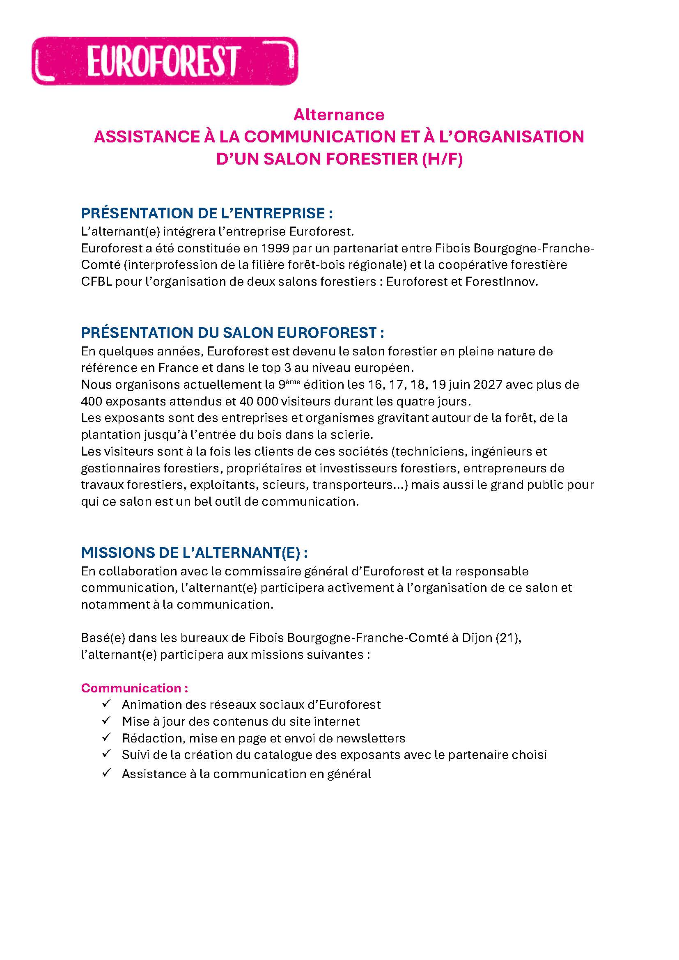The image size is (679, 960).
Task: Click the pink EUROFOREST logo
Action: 165,61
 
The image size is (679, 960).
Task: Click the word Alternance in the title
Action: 339,115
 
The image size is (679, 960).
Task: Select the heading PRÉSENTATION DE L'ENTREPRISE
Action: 207,213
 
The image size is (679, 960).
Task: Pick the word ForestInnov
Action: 500,282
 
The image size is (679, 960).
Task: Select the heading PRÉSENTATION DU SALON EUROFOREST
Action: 232,333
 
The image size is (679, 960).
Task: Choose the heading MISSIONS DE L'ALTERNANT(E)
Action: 195,553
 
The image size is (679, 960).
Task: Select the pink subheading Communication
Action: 131,688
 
